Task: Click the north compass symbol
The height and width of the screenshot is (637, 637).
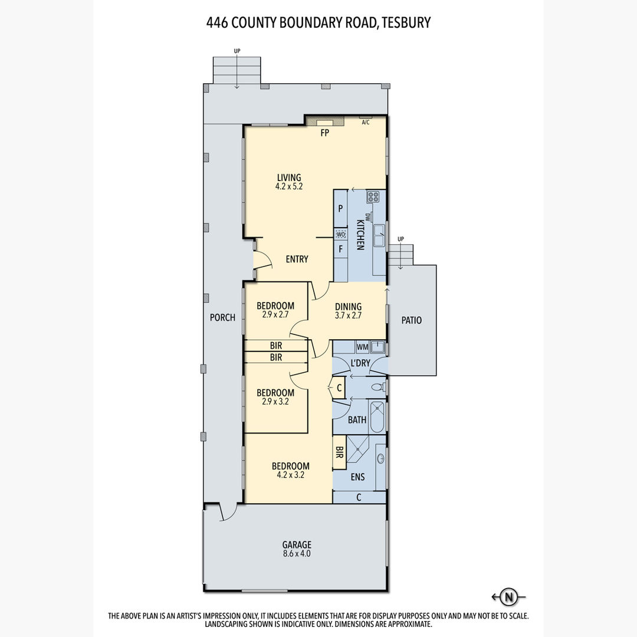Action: coord(508,597)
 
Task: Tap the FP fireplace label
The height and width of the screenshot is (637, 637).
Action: coord(324,133)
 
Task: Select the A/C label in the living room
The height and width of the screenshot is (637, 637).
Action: coord(366,122)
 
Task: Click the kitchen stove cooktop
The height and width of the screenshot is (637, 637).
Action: coord(373,197)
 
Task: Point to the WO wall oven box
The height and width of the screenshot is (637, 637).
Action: coord(341,234)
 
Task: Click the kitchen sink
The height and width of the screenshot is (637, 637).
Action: coord(379,235)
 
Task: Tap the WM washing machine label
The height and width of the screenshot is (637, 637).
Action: coord(362,347)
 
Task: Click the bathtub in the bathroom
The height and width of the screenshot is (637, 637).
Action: coord(377,417)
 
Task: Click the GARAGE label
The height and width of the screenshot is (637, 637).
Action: coord(297,544)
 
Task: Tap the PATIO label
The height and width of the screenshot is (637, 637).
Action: coord(412,320)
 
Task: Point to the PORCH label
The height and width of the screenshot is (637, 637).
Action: coord(222,317)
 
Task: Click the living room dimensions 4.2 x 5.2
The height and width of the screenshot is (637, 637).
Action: coord(289,187)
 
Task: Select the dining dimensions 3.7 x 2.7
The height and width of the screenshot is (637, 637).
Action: coord(348,315)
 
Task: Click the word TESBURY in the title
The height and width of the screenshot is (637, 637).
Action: coord(406,22)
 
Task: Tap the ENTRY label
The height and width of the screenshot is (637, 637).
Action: coord(297,259)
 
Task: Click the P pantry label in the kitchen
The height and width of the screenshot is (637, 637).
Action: coord(340,208)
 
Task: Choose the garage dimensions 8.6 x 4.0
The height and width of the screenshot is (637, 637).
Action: coord(297,553)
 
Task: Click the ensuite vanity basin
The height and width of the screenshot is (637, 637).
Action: coord(380,459)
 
